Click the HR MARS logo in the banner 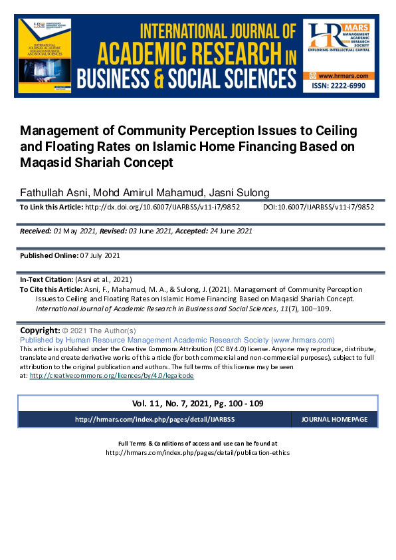[340, 44]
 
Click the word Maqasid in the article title [48, 162]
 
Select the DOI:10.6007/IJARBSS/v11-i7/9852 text [319, 207]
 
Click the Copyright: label [40, 331]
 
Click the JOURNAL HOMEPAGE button [334, 420]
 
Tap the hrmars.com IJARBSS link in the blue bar [155, 420]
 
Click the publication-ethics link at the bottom [197, 452]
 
